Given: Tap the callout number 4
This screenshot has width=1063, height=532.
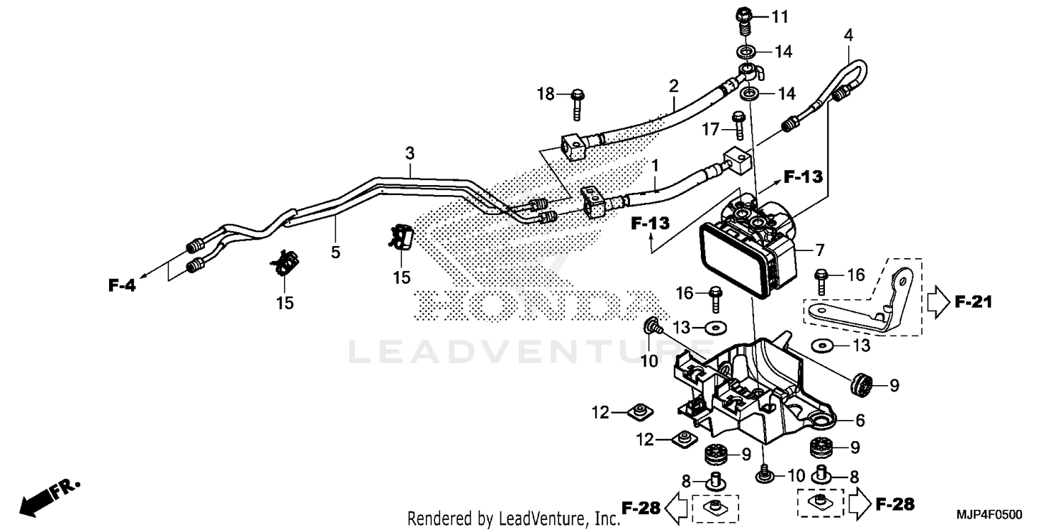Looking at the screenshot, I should pos(848,33).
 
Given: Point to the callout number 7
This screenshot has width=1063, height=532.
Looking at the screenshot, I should pos(819,250).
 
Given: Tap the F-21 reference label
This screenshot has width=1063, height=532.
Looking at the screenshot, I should pos(973,303).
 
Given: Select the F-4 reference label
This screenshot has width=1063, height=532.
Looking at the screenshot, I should pos(121,285).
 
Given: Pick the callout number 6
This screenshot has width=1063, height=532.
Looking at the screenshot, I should pos(860,421).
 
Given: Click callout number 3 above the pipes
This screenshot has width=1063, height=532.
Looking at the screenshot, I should pos(410,153).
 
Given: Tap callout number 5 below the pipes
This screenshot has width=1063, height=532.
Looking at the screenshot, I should pos(335,251).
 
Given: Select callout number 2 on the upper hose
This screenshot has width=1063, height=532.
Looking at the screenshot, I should pos(673,86).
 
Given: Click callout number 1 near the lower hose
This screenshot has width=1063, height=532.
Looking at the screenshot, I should pos(656,166).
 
